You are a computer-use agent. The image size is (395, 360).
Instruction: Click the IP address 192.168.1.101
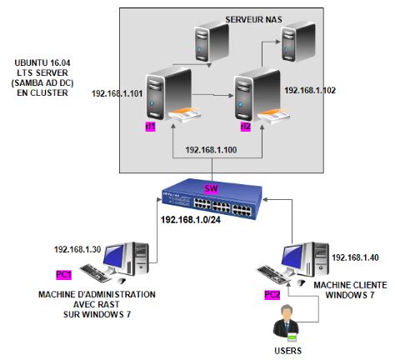tap(117, 93)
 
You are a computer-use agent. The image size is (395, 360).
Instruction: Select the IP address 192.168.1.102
tap(310, 90)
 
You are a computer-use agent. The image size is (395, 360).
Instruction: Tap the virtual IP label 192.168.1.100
tap(211, 150)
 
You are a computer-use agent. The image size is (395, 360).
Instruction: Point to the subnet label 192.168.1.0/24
tap(191, 220)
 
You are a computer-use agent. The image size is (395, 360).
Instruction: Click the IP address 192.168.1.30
tap(77, 249)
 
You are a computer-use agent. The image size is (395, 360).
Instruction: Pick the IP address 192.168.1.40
tap(355, 257)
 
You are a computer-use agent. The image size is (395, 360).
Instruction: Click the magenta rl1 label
tap(151, 127)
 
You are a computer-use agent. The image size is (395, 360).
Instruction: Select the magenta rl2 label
tap(246, 127)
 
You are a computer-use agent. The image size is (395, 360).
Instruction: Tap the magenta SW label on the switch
tap(211, 189)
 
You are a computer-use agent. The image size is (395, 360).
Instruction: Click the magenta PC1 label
tap(63, 275)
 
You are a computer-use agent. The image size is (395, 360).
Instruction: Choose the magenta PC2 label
tap(272, 294)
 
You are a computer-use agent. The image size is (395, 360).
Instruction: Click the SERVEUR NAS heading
tap(253, 19)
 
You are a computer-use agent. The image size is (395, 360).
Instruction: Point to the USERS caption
tap(287, 351)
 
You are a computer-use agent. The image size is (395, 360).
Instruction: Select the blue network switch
tap(212, 199)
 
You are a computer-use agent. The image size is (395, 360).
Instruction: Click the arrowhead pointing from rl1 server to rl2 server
tap(231, 96)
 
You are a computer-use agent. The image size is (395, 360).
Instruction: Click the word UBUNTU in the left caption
tap(31, 62)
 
